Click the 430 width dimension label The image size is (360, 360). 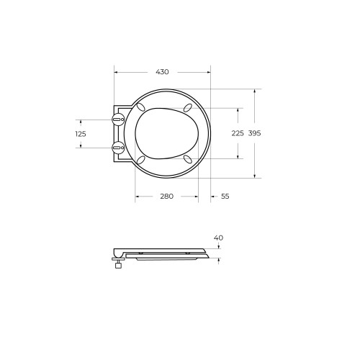coord(162,72)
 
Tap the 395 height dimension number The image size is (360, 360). coord(254,133)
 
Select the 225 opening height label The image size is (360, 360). coord(238,133)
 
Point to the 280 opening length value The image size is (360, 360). coord(167,197)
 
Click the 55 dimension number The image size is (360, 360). coord(225,197)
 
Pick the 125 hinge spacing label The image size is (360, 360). coord(81,134)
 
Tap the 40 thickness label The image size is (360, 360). coord(218,238)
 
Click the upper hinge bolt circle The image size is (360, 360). coord(118,120)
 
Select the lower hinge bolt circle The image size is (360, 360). coord(118,148)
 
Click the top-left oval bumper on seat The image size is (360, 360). coord(140,107)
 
